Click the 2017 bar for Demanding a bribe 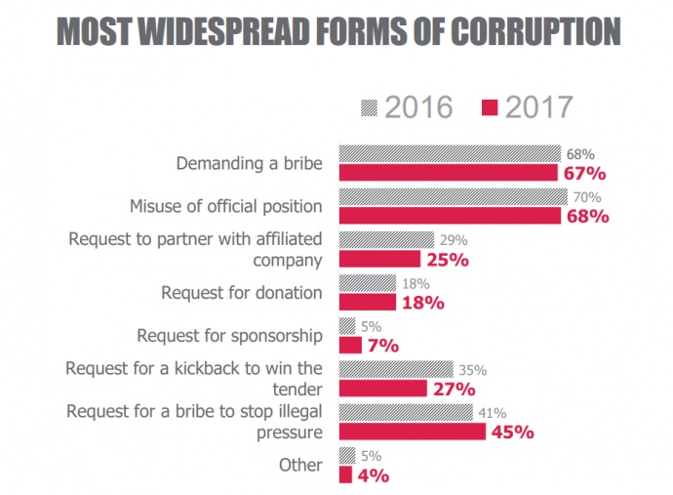coord(448,173)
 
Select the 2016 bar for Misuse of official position coord(451,197)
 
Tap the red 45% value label coord(509,431)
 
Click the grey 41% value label coord(492,412)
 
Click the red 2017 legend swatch coord(491,107)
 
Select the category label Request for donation coord(242,292)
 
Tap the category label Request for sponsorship coord(229,335)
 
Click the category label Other coord(299,465)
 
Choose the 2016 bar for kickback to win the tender coord(395,369)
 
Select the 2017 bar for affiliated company coord(379,259)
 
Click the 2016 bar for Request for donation coord(367,283)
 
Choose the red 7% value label coord(383,346)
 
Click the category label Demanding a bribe coord(249,163)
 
